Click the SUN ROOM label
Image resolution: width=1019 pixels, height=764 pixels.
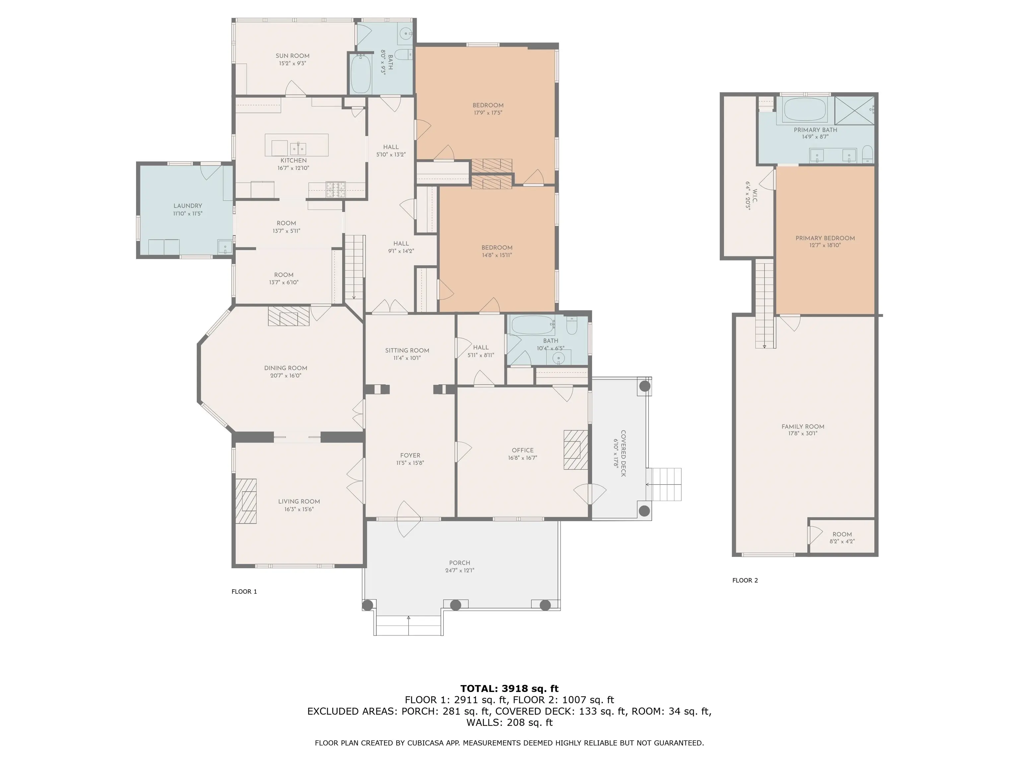tap(293, 56)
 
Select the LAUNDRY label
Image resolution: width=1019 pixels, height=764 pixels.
tap(187, 206)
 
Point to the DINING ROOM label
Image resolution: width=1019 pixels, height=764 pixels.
tap(286, 368)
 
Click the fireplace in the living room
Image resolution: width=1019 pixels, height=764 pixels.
tap(246, 501)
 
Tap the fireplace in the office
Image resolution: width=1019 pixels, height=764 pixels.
tap(576, 449)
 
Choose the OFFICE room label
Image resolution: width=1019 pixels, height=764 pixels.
tap(523, 450)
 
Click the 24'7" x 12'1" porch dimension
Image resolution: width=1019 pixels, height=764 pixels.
tap(460, 570)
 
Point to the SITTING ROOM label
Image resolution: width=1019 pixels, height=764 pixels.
tap(407, 350)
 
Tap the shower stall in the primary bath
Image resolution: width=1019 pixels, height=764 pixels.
tap(854, 110)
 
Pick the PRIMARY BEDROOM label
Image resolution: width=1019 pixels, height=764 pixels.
tap(825, 238)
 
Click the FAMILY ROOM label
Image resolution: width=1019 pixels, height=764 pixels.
tap(803, 426)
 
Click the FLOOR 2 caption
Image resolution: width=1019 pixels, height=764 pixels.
tap(745, 580)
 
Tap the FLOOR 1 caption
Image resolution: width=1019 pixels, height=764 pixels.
tap(244, 591)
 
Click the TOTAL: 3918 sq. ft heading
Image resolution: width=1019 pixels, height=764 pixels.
tap(509, 688)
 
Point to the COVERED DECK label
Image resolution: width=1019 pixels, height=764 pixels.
tap(623, 454)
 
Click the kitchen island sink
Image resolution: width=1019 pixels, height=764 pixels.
tap(298, 148)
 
